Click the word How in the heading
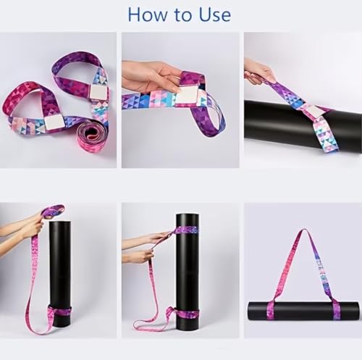[x=148, y=15]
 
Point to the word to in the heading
[x=183, y=16]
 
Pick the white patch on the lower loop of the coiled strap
[x=54, y=122]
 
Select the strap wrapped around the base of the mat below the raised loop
[x=59, y=314]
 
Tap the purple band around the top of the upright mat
[x=187, y=230]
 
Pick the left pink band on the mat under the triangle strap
[x=271, y=310]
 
